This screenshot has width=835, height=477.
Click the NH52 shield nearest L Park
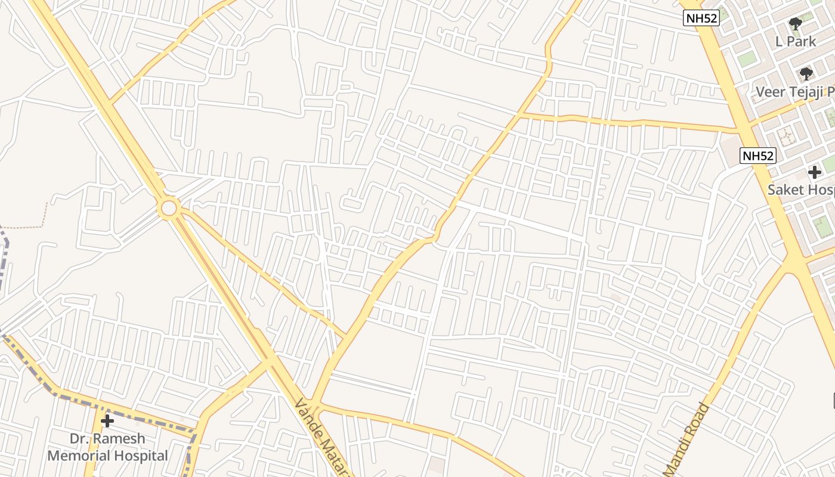(701, 18)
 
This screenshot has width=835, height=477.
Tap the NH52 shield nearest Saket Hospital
(759, 156)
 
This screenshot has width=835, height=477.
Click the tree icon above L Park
(795, 24)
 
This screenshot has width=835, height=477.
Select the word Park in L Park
(802, 42)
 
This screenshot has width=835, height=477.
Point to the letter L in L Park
(779, 42)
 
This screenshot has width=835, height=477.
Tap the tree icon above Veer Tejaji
(806, 74)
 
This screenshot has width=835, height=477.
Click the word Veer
(769, 92)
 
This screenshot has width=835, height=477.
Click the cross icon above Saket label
(815, 173)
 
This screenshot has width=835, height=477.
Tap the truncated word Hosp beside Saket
(821, 190)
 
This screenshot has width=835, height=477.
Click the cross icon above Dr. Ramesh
(107, 421)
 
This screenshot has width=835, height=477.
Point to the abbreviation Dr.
(79, 439)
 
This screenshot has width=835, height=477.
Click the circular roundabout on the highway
(169, 208)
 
